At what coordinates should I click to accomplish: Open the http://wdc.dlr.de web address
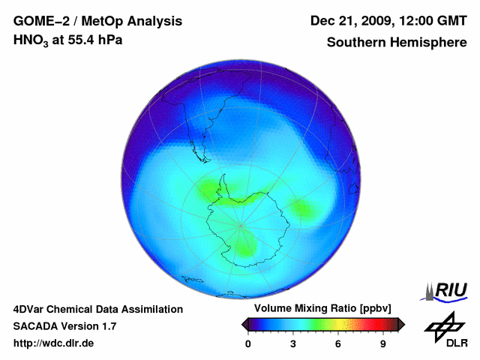(53, 343)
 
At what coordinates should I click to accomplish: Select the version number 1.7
(108, 326)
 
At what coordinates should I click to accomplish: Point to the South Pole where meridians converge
(241, 224)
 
